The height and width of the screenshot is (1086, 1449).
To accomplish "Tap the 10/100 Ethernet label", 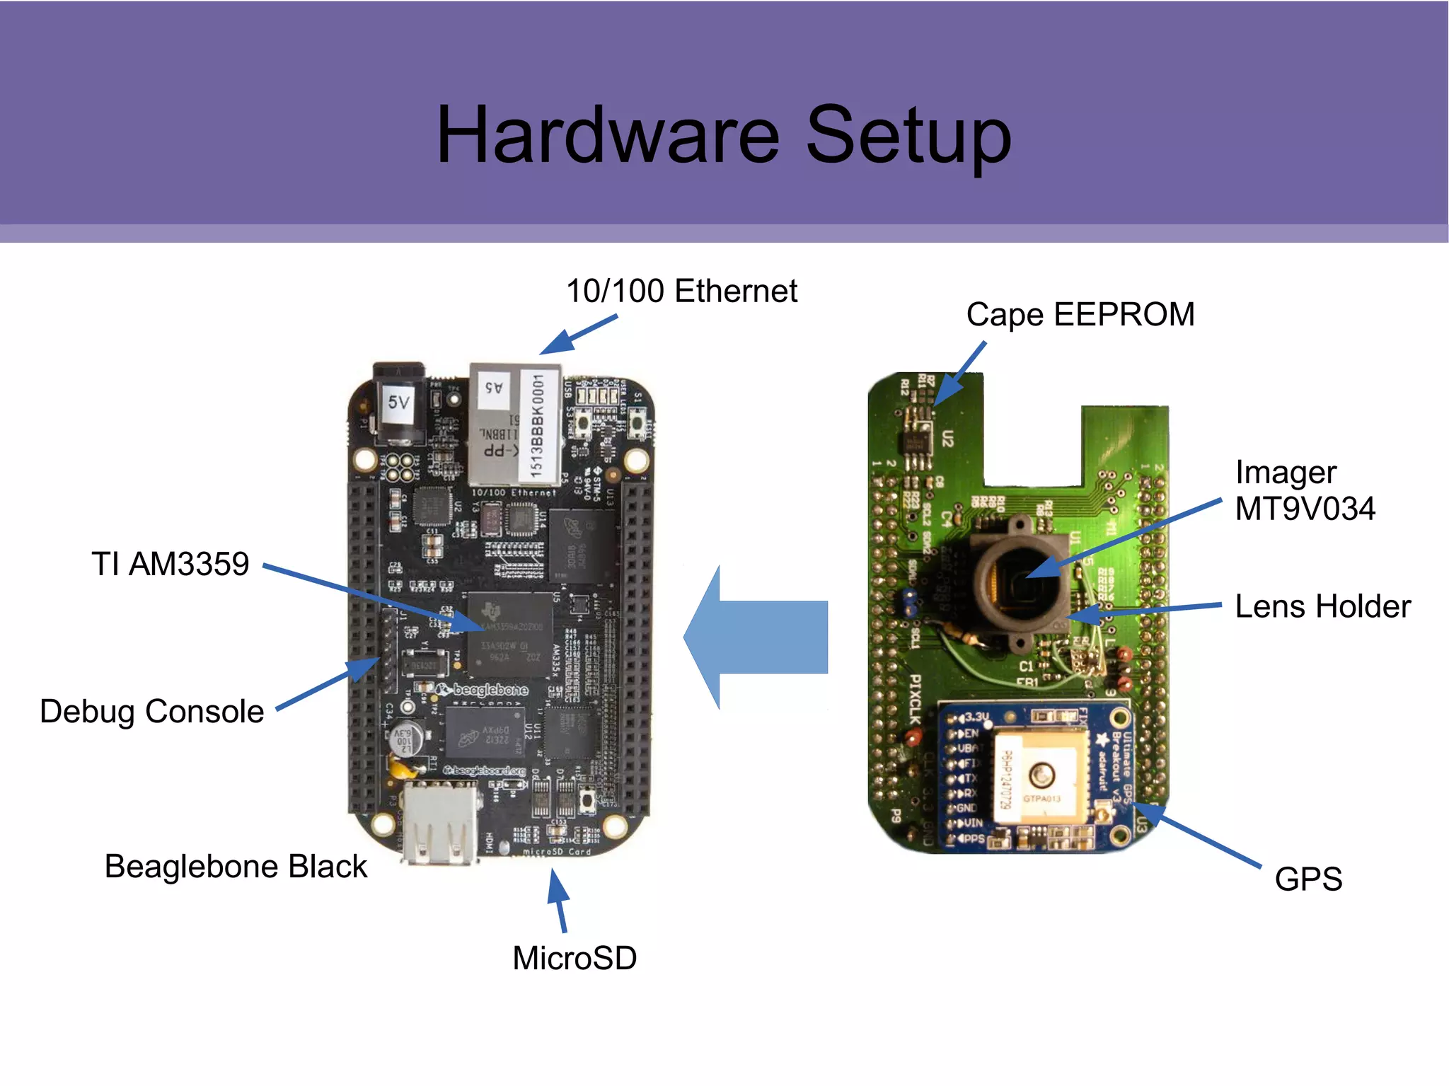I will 681,291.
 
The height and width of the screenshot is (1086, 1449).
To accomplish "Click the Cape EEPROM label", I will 1080,314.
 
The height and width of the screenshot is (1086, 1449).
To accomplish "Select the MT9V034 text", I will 1305,509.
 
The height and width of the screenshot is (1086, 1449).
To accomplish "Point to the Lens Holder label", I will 1322,606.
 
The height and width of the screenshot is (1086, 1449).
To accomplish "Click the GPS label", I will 1308,879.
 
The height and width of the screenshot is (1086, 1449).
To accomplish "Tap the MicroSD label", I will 575,958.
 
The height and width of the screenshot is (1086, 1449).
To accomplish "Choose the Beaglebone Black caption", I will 236,866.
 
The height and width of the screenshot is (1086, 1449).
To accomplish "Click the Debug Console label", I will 151,711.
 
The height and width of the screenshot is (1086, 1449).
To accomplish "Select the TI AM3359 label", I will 170,564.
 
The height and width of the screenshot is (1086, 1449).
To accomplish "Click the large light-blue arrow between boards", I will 757,637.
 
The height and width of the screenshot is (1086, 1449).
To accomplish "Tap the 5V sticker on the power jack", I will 398,403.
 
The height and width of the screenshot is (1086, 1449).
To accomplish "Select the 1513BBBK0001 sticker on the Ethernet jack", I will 538,426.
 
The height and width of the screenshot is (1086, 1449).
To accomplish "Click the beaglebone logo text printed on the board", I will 490,690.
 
